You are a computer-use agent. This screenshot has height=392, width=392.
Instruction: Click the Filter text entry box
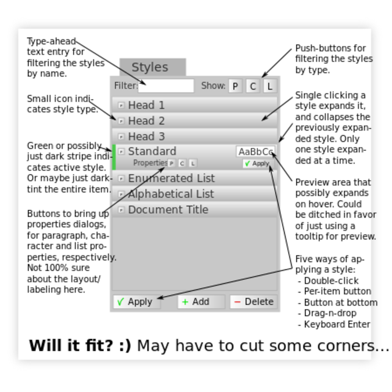point(166,86)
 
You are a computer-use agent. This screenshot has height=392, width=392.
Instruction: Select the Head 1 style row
point(195,105)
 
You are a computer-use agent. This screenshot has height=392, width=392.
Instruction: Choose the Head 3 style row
point(195,136)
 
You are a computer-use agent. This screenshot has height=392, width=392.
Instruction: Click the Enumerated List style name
point(171,178)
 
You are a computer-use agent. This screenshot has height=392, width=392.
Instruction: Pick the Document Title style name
point(168,210)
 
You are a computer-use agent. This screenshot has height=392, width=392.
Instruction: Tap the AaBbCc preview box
point(256,152)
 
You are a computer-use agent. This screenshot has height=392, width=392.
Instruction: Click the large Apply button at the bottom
point(136,302)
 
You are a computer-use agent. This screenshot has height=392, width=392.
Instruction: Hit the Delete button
point(253,302)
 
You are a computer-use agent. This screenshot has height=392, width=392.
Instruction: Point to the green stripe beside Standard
point(114,157)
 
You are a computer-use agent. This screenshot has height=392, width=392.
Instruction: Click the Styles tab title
point(150,67)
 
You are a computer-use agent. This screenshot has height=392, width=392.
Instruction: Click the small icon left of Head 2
point(121,121)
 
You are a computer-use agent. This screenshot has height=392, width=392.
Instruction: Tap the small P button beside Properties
point(171,163)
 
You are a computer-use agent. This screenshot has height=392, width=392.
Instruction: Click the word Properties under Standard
point(150,163)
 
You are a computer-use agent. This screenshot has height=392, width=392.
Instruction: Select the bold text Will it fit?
point(80,346)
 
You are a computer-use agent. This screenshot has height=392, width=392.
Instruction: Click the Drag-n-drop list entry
point(330,313)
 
